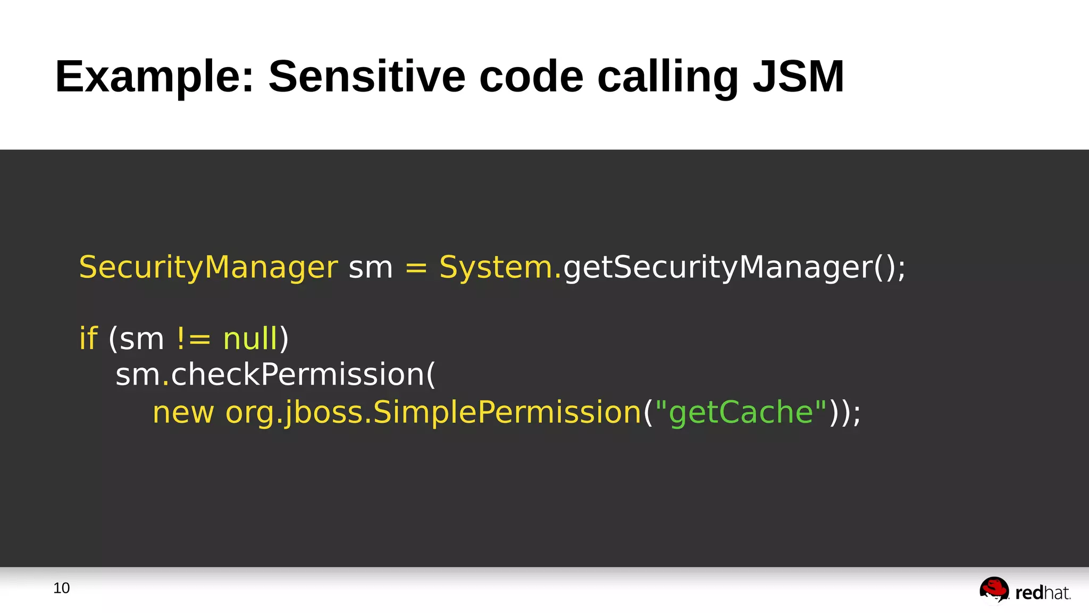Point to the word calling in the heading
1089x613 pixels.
click(668, 77)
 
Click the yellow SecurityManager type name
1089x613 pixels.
click(208, 267)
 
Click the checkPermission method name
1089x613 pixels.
click(298, 374)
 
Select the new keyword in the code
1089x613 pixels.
click(183, 412)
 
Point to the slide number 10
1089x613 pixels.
click(62, 588)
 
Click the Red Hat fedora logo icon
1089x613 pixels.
click(994, 590)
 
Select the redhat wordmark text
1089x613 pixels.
click(1042, 592)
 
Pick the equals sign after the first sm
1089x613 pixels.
click(416, 268)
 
